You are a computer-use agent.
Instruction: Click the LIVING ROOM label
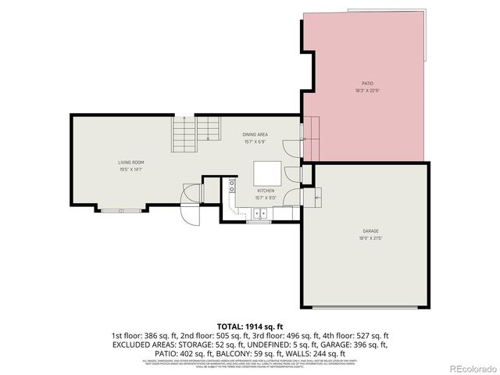tap(130, 162)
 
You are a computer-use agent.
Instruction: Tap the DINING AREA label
tap(255, 134)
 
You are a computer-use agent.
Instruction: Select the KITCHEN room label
tap(266, 190)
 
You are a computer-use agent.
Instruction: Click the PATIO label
tap(366, 83)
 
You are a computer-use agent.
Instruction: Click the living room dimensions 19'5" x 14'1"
tap(130, 169)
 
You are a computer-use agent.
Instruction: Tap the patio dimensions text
tap(366, 90)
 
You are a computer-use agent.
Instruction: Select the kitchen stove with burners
tap(232, 187)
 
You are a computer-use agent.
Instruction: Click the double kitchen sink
tap(260, 212)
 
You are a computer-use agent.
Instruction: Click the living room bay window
tap(121, 209)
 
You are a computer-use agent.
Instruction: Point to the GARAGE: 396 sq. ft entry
tap(362, 342)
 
